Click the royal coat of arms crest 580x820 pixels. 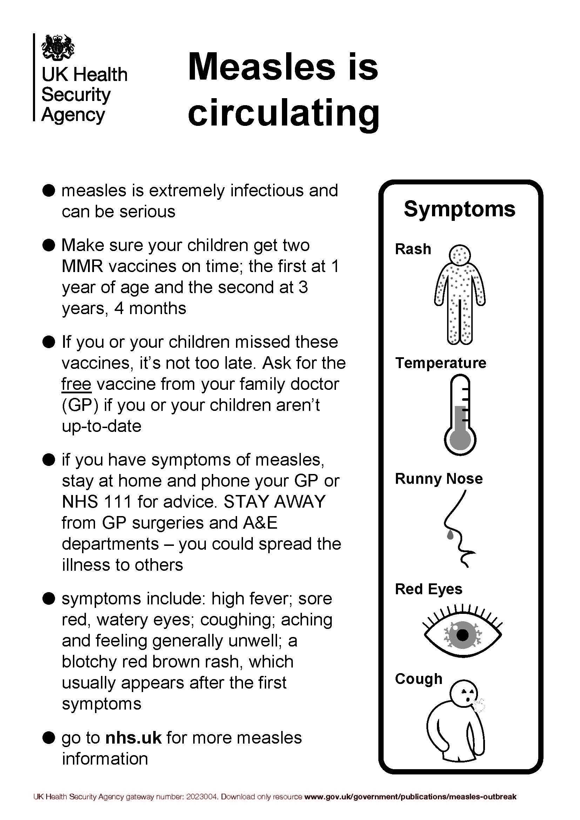pos(58,47)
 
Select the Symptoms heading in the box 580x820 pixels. pos(460,209)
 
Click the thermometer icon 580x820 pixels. pos(460,414)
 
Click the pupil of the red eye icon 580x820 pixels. pos(463,635)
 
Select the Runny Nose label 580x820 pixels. pos(439,479)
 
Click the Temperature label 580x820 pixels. pos(440,363)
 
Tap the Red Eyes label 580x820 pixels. pos(429,589)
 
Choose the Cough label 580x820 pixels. pos(419,679)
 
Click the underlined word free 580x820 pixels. pos(76,384)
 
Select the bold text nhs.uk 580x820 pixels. pos(134,738)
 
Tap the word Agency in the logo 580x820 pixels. pos(73,115)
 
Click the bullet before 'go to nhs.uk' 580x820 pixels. pos(48,737)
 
